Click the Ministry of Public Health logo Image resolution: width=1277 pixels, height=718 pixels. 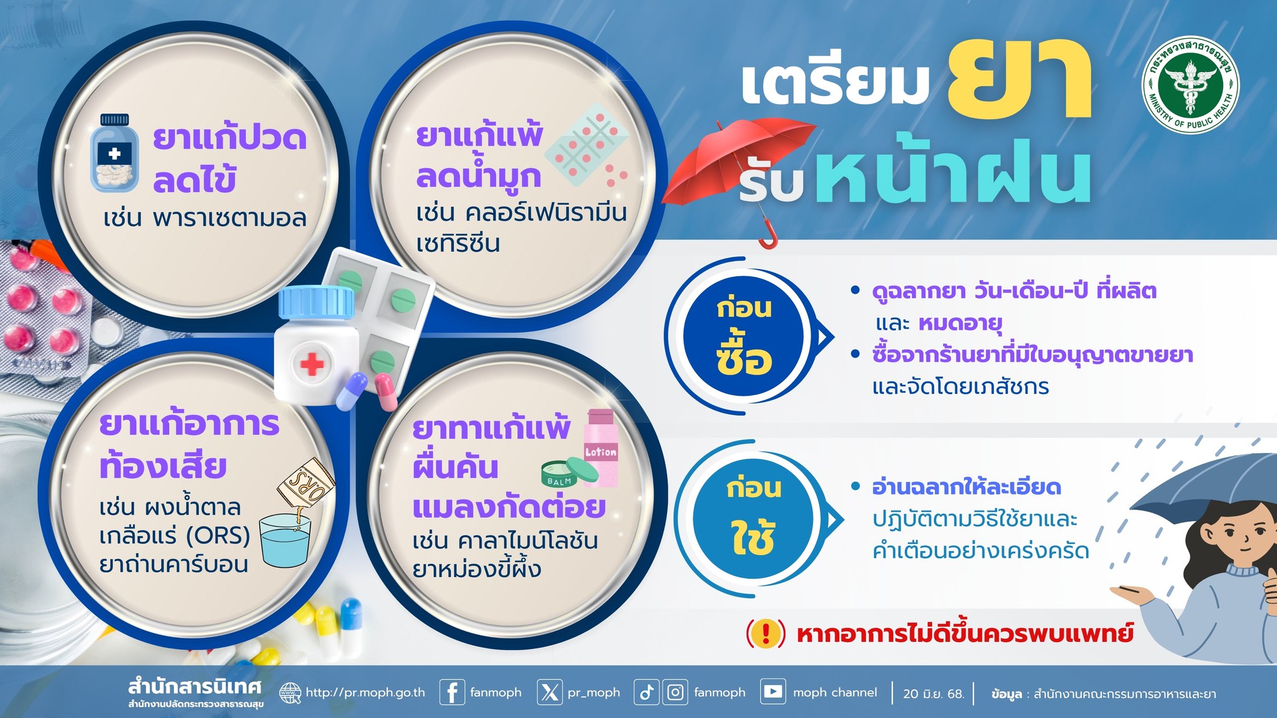point(1190,84)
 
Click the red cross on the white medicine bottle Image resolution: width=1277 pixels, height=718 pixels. point(312,364)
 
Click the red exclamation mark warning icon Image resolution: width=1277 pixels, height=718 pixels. point(766,634)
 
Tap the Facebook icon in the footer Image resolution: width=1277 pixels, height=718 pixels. point(452,692)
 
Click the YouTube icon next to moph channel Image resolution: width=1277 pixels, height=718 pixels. point(773,692)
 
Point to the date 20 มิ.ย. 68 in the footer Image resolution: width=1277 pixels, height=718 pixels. point(933,693)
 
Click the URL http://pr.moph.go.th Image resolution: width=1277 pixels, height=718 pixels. point(365,692)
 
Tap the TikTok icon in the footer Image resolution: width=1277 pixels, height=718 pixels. point(646,692)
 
